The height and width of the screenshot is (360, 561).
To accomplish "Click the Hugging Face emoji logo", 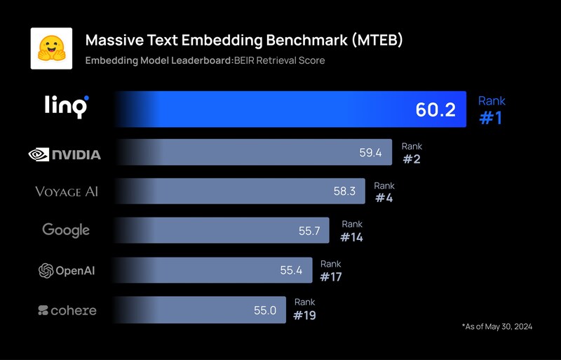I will (x=51, y=48).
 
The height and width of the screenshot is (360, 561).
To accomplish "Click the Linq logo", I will (x=66, y=107).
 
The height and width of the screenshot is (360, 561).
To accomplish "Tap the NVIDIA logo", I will (x=65, y=154).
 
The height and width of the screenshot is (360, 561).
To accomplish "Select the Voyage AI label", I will (x=67, y=192).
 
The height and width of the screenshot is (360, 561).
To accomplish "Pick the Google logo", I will (x=66, y=229).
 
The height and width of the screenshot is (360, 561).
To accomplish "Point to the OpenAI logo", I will (x=66, y=270).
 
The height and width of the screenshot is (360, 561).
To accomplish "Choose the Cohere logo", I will (x=67, y=309).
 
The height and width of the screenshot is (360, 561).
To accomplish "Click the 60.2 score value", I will (x=435, y=109).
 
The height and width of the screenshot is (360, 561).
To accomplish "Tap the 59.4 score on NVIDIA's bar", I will (x=370, y=152).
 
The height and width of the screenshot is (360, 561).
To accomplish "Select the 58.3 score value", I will (x=344, y=191).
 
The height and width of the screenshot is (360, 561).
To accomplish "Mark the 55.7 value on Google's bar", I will (x=309, y=230).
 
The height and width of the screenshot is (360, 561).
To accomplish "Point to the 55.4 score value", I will (x=290, y=270).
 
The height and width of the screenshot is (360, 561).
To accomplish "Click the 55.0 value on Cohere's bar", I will (x=265, y=309).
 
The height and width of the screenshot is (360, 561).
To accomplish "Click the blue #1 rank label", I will (x=491, y=118).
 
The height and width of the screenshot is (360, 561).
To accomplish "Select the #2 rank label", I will (x=411, y=159).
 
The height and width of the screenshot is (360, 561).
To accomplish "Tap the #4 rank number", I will (x=384, y=198).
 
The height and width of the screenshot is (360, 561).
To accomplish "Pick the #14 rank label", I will (x=351, y=237).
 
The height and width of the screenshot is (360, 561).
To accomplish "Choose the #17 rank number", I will (x=330, y=276).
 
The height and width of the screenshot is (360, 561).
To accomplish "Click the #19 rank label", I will (x=304, y=315).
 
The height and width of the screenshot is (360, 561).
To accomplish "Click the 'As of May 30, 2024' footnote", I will (x=496, y=326).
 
